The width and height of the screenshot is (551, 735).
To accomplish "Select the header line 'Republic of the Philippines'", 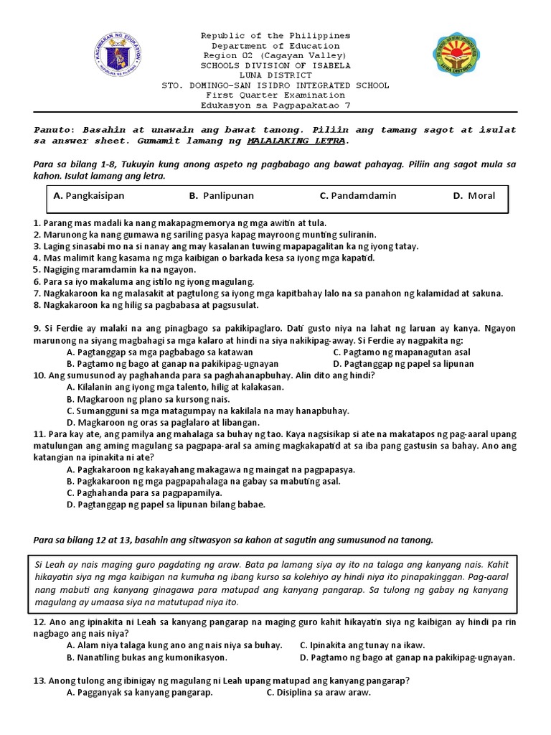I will click(275, 35).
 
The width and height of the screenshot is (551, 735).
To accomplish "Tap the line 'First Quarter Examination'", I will click(275, 95).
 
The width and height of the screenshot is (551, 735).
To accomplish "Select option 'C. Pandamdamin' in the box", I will click(358, 195).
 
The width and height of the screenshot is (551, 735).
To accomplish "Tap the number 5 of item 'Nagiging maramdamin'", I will click(37, 270).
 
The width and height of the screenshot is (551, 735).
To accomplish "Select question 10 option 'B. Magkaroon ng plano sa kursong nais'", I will click(148, 399).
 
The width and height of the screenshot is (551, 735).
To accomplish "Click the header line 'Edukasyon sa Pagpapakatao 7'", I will click(275, 105).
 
